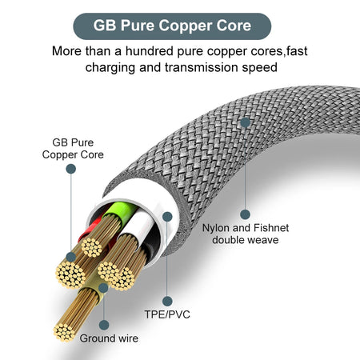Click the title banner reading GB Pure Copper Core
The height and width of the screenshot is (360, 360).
[x=180, y=24]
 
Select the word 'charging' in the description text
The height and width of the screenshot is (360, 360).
[x=111, y=68]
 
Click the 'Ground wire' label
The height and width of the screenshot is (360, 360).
[x=114, y=338]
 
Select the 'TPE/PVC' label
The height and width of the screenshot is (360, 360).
[x=168, y=315]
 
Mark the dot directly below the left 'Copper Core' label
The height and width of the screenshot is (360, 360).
[x=72, y=170]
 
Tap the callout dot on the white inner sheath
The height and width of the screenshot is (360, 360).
[x=167, y=216]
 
